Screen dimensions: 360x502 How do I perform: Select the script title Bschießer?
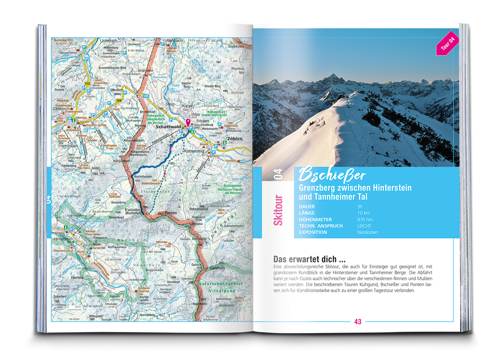[x=332, y=175]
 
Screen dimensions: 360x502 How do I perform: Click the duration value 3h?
[x=360, y=206]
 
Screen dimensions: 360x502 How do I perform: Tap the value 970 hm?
[x=365, y=219]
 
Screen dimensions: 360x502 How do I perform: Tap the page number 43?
[x=358, y=322]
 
